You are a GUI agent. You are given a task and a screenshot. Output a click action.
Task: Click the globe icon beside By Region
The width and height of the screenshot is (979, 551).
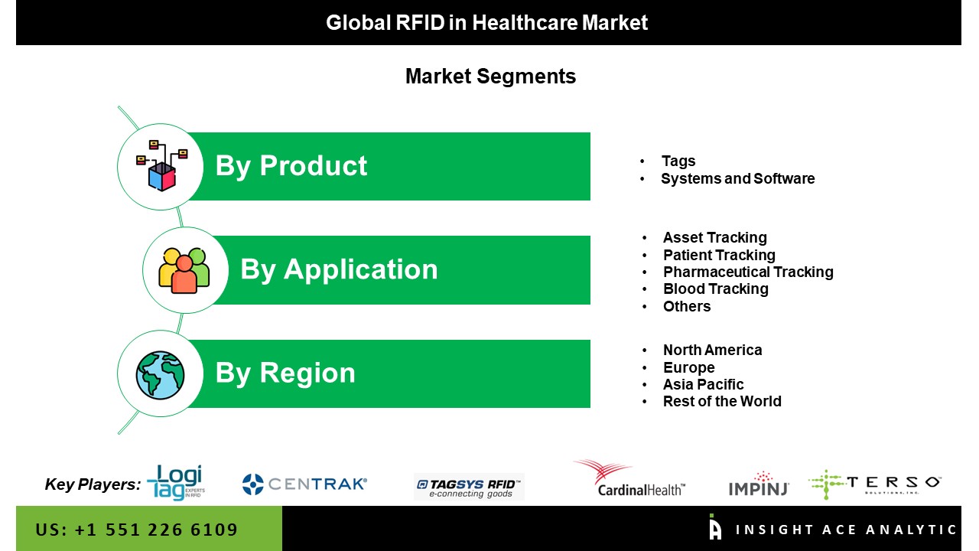[x=160, y=375]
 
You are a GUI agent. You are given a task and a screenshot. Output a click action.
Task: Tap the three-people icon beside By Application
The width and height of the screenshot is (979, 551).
[x=184, y=270]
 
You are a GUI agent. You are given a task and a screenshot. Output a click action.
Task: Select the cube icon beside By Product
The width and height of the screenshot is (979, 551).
[x=161, y=166]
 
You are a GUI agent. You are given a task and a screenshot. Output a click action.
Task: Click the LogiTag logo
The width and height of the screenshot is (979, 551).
[x=176, y=482]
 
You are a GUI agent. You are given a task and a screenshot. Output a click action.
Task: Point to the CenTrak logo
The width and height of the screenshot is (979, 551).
[x=304, y=484]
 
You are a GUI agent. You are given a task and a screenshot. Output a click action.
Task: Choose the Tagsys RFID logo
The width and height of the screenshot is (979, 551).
[x=469, y=487]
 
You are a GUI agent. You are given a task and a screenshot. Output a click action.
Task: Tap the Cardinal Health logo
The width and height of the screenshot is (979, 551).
[x=629, y=478]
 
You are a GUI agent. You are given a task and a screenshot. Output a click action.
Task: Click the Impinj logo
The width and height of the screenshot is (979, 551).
[x=759, y=484]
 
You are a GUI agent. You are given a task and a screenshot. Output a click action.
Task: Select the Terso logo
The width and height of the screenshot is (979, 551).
[x=874, y=484]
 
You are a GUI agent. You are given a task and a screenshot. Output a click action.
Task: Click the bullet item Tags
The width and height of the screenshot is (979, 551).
[x=678, y=161]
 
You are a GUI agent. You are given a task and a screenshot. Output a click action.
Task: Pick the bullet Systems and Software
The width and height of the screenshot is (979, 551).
[x=738, y=178]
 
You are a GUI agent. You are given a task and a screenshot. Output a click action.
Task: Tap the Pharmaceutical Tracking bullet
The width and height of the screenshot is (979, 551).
[x=748, y=272]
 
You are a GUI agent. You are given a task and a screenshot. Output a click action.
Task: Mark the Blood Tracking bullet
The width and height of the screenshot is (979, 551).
[x=715, y=289]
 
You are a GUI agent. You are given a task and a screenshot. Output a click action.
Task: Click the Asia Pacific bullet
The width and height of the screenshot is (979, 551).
[x=703, y=384]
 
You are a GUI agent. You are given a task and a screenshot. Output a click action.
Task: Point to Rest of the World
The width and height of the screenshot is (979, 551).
[x=722, y=402]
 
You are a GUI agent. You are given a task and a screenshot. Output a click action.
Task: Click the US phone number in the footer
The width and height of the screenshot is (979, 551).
[x=136, y=530]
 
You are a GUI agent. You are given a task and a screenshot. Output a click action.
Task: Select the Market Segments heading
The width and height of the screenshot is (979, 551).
[x=490, y=76]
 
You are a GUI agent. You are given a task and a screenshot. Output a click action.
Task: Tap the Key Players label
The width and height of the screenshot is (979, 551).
[x=93, y=484]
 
